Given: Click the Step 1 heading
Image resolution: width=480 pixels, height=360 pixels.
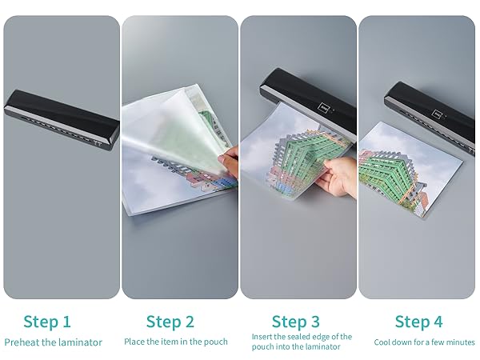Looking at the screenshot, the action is [47, 322].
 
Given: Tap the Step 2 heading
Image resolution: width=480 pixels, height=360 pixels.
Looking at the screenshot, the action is [170, 322].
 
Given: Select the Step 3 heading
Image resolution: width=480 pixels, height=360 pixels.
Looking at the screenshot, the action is [296, 322].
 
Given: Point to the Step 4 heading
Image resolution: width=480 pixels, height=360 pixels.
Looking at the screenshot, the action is [418, 322].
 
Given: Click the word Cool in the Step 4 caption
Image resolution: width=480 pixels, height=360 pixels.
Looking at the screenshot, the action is [382, 342].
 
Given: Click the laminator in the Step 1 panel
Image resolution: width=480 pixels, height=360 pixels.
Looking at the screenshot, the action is [62, 120].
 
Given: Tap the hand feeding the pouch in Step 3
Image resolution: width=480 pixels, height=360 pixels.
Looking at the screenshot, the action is [336, 176].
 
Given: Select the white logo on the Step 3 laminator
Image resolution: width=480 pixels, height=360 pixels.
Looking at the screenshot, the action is [323, 108].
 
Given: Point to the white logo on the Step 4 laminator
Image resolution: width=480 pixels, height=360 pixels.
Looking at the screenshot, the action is [436, 114].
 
